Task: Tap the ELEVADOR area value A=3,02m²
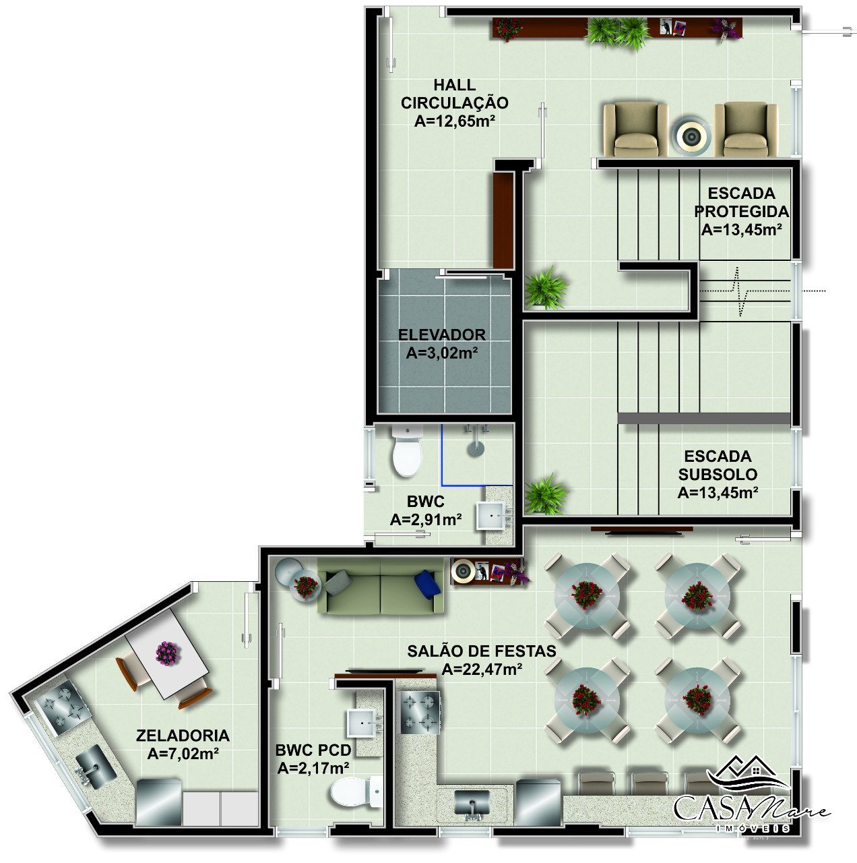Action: [x=441, y=353]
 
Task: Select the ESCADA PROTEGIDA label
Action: [x=741, y=202]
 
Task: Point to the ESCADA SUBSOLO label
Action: [x=718, y=465]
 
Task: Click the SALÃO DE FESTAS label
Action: [x=481, y=651]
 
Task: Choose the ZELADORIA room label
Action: [x=183, y=736]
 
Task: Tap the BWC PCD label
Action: [x=313, y=750]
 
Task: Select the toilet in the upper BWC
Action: [x=407, y=451]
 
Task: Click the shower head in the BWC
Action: [x=476, y=448]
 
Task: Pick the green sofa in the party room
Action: [x=380, y=585]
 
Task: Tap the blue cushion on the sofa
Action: [x=427, y=584]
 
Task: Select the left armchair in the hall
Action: [x=635, y=129]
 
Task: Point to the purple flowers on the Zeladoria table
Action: [x=168, y=653]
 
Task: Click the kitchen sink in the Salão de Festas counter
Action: [x=472, y=804]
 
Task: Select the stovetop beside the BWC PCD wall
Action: [x=420, y=712]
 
